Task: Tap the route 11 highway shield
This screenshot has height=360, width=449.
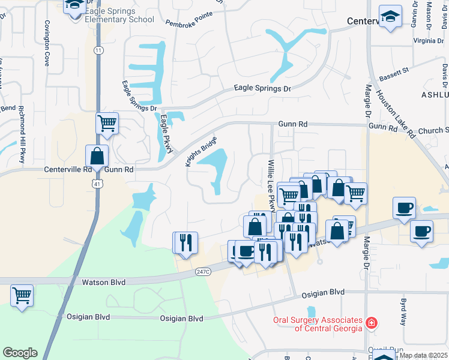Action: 98,50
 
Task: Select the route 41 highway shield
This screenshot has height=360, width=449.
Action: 97,186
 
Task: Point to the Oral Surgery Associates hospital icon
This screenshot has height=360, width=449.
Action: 372,323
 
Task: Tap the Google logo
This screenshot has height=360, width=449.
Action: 20,353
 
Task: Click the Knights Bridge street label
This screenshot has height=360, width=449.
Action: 200,153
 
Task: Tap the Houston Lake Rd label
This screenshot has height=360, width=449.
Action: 395,114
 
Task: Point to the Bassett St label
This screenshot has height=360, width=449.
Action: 394,74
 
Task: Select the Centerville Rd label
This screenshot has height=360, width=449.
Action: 67,170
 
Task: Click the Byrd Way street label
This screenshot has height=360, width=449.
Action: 403,310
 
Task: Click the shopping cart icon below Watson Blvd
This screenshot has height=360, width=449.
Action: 22,295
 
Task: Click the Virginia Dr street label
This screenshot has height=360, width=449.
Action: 429,41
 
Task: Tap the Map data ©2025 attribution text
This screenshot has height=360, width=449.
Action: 423,355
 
